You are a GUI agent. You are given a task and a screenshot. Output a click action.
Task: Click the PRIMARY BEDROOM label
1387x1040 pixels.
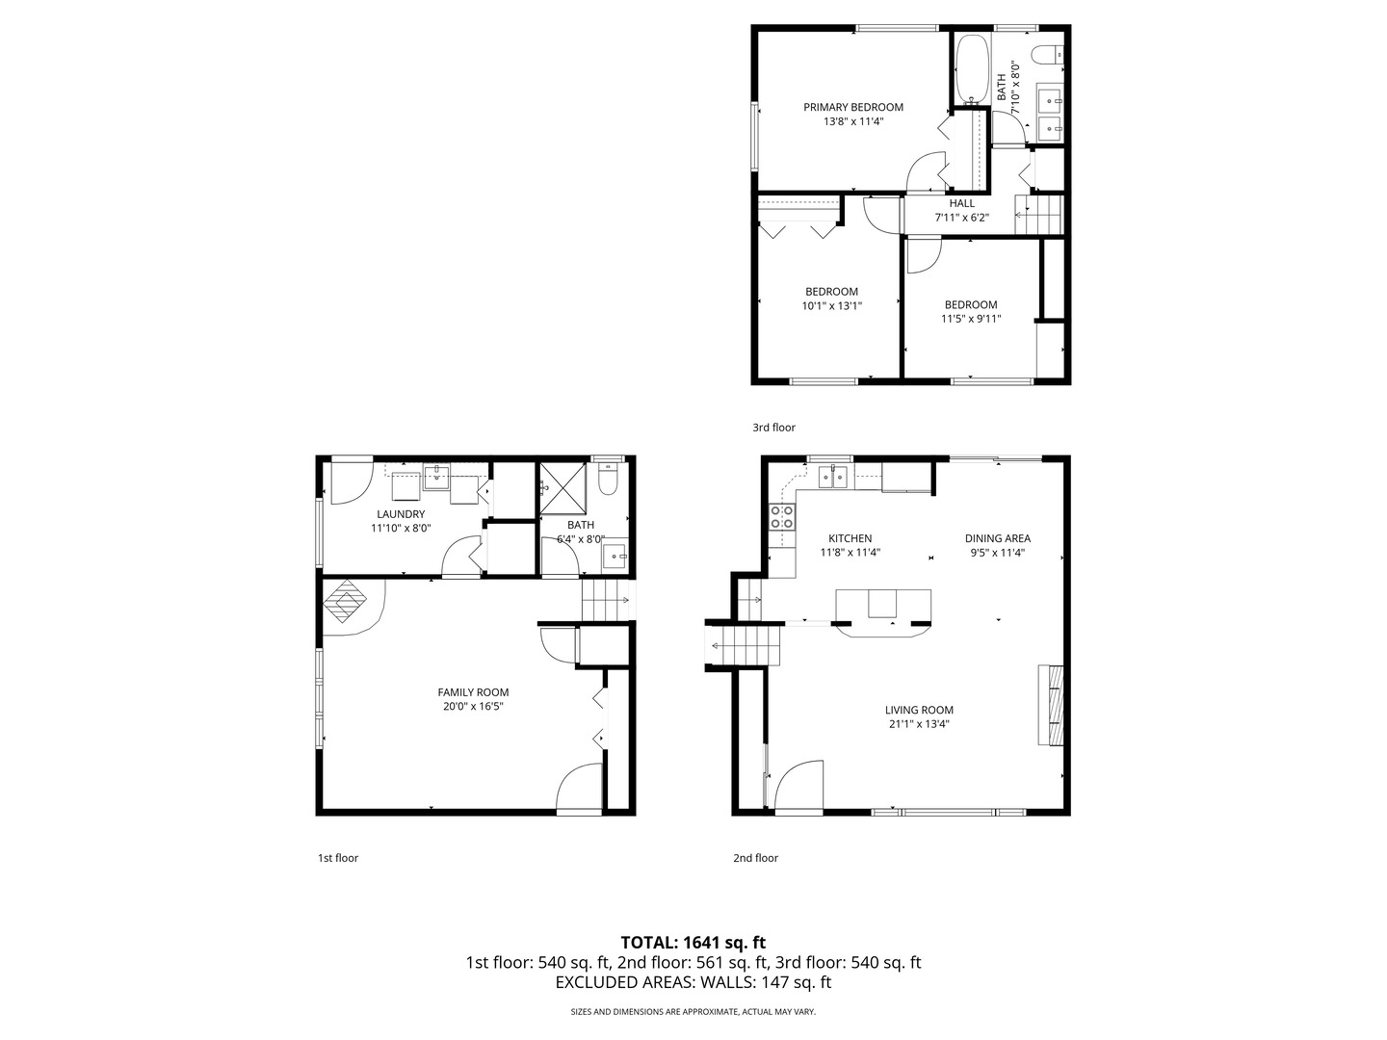click(x=853, y=107)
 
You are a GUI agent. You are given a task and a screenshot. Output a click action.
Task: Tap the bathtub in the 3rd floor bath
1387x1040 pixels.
click(x=971, y=68)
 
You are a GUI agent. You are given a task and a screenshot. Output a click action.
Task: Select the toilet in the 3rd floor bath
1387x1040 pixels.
click(x=1047, y=54)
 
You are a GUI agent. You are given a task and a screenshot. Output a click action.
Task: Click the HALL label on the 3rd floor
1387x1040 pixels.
click(x=961, y=203)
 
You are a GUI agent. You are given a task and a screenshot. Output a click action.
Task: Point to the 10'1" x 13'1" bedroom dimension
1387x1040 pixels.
click(x=831, y=306)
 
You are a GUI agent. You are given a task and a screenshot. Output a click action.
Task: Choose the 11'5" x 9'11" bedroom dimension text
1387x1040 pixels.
click(x=971, y=319)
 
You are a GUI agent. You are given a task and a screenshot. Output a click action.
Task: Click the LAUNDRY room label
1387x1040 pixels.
click(x=401, y=514)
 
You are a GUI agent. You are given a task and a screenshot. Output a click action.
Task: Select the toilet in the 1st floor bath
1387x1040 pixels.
click(x=608, y=479)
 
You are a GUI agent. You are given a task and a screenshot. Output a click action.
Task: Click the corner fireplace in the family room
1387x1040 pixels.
click(x=347, y=605)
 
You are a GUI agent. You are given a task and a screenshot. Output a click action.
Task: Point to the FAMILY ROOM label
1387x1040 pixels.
click(x=473, y=692)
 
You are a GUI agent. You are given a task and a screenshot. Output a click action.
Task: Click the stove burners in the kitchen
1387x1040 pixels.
click(x=782, y=517)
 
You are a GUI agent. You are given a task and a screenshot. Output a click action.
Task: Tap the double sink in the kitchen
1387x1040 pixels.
click(x=833, y=476)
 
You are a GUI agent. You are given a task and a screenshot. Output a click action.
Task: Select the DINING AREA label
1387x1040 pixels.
click(x=998, y=538)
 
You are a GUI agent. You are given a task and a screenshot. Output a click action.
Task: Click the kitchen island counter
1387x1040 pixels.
click(x=883, y=608)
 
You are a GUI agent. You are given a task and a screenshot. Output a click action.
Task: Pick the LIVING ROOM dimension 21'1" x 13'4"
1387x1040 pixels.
click(x=919, y=724)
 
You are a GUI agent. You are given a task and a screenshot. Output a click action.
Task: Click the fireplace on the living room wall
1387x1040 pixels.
click(x=1050, y=705)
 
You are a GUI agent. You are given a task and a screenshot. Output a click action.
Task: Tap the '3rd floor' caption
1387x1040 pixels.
click(x=773, y=428)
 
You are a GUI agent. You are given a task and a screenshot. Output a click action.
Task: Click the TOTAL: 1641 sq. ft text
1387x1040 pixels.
click(x=693, y=942)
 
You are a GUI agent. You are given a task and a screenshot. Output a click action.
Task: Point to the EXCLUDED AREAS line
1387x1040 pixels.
click(x=693, y=982)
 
